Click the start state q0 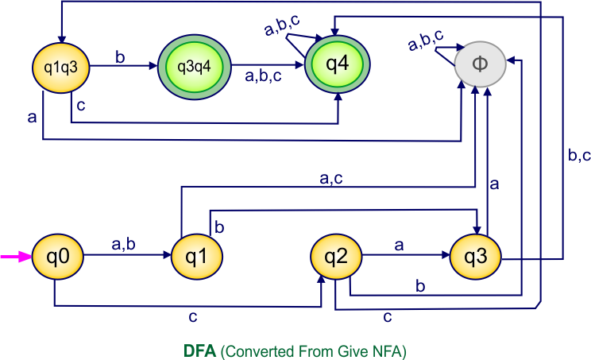tap(58, 257)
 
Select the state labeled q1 tap(196, 257)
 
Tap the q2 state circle tap(336, 257)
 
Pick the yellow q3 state tap(475, 257)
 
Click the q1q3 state tap(59, 66)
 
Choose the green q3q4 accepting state tap(195, 66)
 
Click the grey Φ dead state tap(479, 64)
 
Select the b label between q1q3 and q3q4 tap(121, 57)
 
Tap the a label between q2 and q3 tap(399, 246)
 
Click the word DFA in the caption tap(199, 350)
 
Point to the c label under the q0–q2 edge tap(193, 317)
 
